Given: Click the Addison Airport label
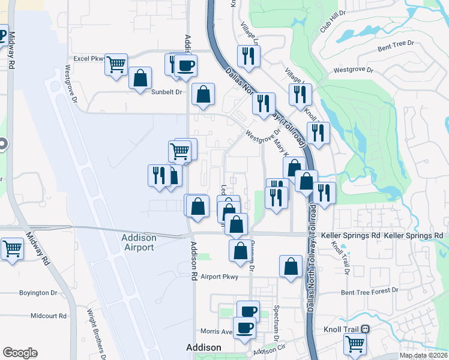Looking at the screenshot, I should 139,242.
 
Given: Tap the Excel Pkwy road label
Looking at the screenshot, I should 89,59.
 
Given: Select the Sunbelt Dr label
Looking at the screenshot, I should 166,92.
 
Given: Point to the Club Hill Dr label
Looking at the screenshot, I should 333,21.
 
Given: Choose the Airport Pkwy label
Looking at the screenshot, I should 220,277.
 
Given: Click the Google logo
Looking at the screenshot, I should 20,353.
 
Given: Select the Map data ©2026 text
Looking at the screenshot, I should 423,355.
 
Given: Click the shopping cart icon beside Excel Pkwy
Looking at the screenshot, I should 116,64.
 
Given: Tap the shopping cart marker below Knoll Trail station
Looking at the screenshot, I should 355,344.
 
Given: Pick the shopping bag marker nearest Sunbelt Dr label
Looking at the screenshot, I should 140,78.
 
